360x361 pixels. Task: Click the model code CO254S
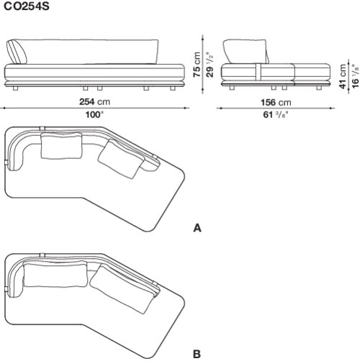pyautogui.click(x=27, y=6)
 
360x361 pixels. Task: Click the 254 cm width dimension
pyautogui.click(x=94, y=102)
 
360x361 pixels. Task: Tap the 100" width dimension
pyautogui.click(x=94, y=115)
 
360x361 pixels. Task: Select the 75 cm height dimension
pyautogui.click(x=197, y=64)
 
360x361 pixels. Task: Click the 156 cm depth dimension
pyautogui.click(x=276, y=103)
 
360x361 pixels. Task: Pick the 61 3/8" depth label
pyautogui.click(x=276, y=115)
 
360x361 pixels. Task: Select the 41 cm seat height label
pyautogui.click(x=343, y=76)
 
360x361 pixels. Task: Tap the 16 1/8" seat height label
pyautogui.click(x=356, y=76)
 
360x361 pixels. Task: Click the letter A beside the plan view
pyautogui.click(x=197, y=228)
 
